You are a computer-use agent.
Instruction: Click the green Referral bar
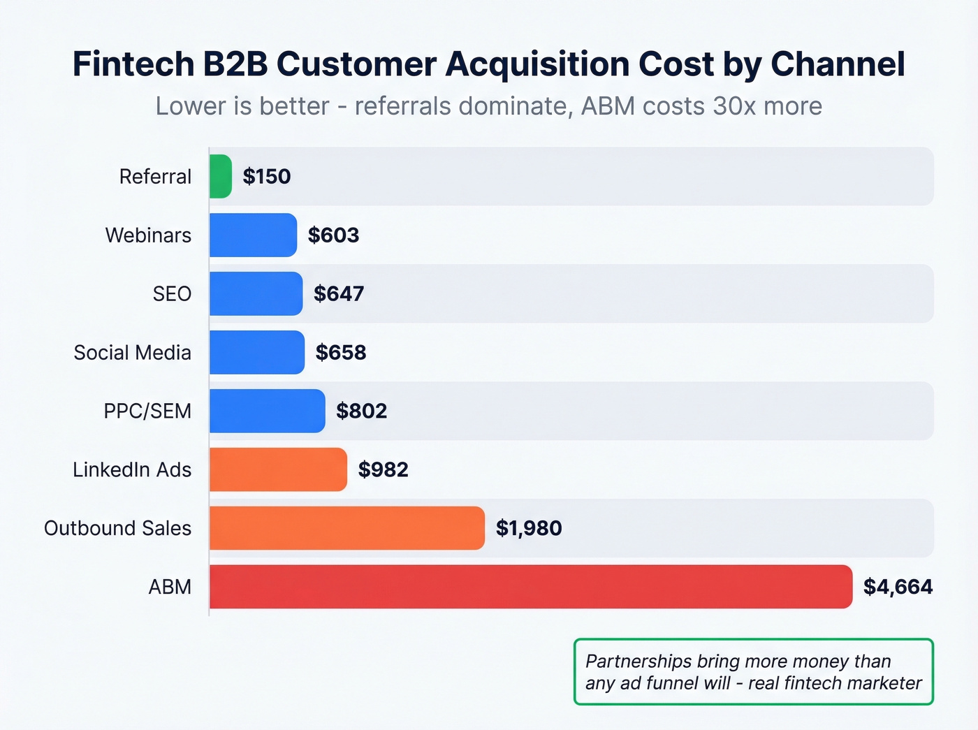point(221,176)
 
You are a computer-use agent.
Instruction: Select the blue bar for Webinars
point(253,235)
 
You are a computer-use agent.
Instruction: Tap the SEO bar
point(256,293)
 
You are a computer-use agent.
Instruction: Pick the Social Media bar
point(257,352)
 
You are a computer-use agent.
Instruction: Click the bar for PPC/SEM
point(267,411)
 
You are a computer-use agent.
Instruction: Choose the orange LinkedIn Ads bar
point(278,469)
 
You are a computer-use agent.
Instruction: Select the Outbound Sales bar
point(346,528)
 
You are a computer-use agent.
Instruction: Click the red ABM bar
point(531,587)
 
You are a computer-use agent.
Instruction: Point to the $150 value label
point(267,176)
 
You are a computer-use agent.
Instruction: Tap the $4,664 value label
point(898,587)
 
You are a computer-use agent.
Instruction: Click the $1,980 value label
point(529,528)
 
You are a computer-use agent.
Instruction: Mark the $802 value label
point(361,411)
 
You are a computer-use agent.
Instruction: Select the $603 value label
point(333,235)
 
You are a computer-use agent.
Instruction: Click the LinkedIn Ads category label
point(132,469)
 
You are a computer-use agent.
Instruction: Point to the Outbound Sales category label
point(117,528)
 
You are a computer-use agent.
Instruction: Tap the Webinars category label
point(148,235)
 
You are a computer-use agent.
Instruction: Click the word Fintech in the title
point(133,64)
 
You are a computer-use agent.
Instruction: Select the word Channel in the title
point(838,64)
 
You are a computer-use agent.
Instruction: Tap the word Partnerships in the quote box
point(638,661)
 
